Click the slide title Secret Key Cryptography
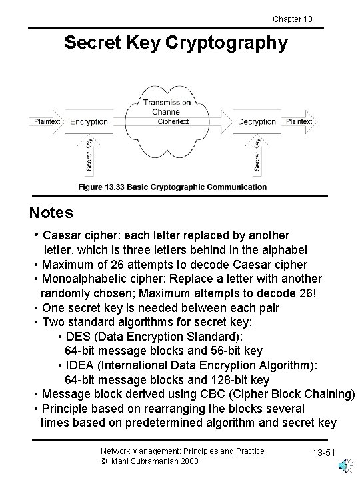pos(176,43)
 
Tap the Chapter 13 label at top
pos(293,18)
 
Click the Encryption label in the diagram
pos(89,122)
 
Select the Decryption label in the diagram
pos(257,122)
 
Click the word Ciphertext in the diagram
pos(173,122)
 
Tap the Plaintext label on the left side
pos(47,122)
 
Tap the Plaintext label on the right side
pos(299,122)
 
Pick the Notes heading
pos(51,213)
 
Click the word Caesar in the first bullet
pos(61,235)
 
